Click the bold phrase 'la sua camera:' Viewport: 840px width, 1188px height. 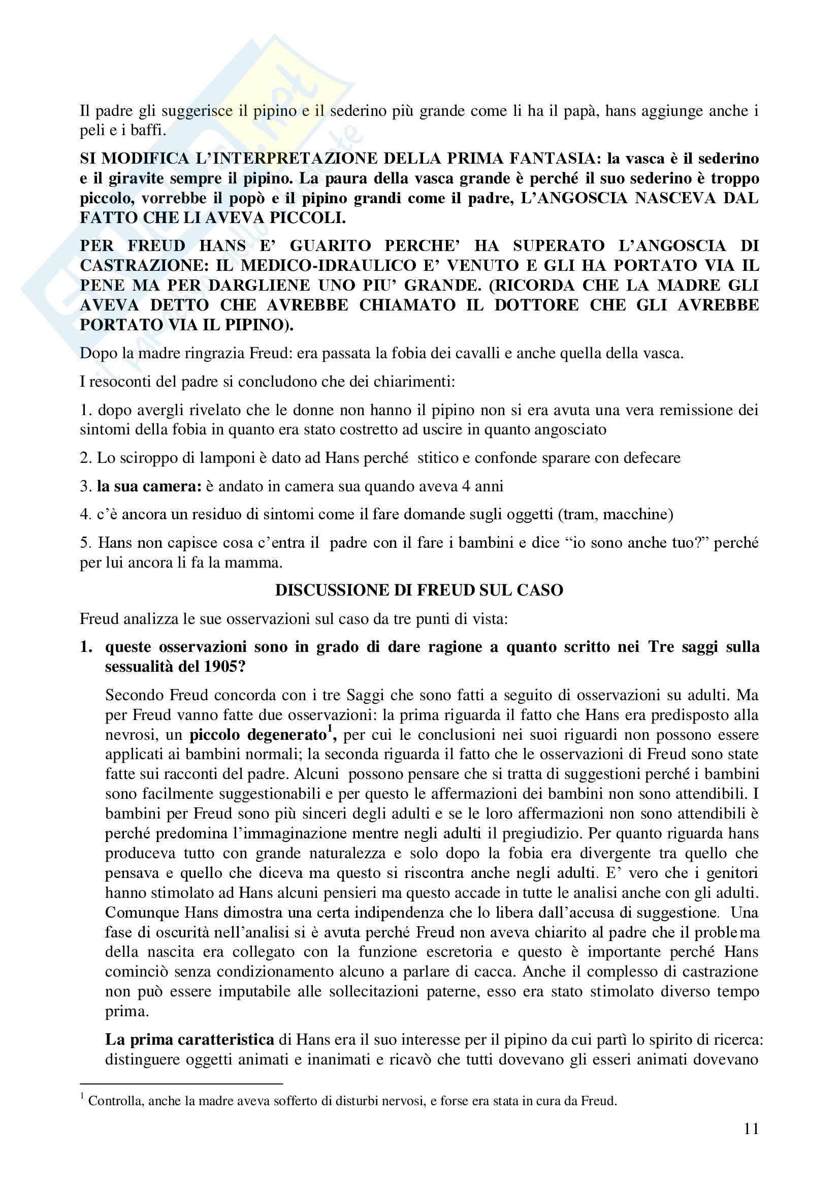(149, 486)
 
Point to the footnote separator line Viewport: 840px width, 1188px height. (181, 1083)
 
